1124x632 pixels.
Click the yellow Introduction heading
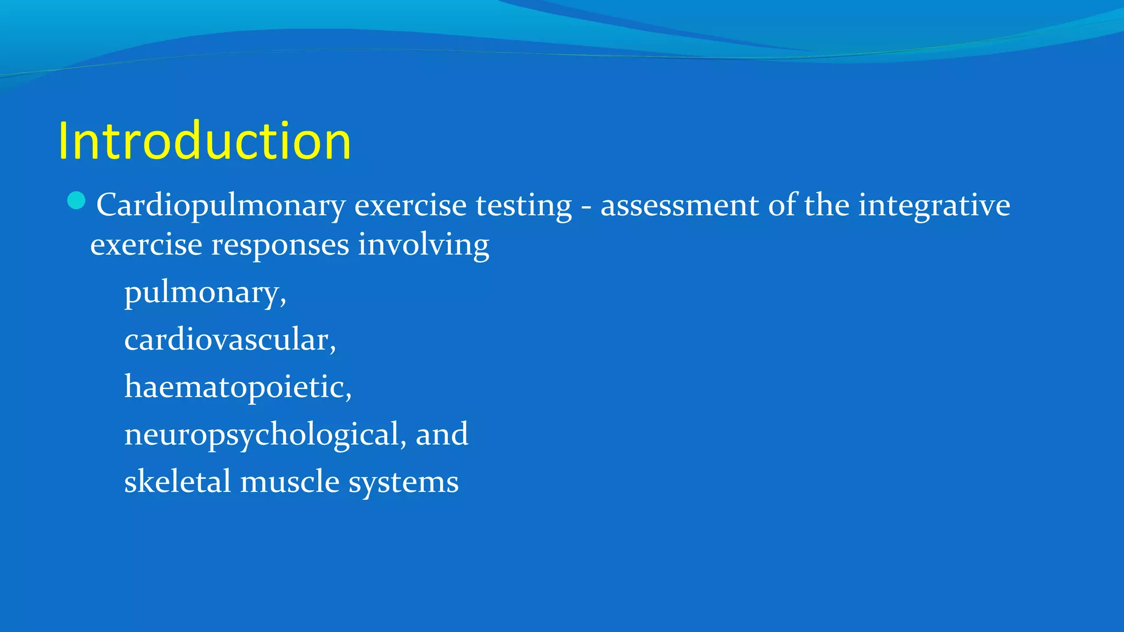point(204,142)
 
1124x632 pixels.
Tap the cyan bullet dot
point(76,201)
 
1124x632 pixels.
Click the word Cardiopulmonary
point(221,206)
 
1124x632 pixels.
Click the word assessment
point(679,206)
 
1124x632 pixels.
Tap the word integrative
point(934,206)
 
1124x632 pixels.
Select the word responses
point(280,245)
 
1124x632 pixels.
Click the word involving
point(423,245)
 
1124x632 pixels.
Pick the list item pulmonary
point(205,292)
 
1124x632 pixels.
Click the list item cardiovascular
point(229,340)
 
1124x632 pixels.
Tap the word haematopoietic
point(237,387)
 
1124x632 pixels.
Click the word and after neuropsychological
point(442,435)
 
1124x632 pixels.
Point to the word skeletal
point(177,482)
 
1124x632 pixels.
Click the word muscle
point(290,482)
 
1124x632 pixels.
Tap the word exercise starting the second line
point(146,245)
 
